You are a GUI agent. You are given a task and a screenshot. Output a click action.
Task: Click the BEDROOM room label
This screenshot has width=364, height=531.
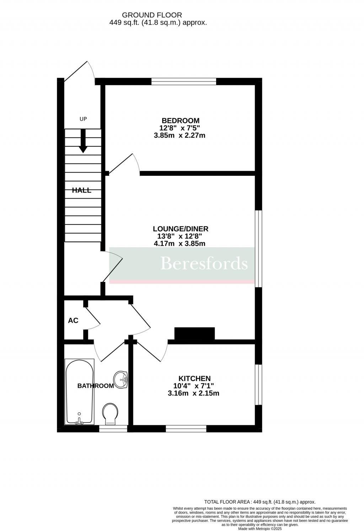coord(181,120)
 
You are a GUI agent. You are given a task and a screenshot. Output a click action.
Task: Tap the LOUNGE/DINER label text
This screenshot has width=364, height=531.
coord(181,229)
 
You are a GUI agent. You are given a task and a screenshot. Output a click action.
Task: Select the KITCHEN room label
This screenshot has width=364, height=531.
coord(194,378)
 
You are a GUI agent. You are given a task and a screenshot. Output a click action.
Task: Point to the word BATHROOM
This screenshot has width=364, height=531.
coord(96,386)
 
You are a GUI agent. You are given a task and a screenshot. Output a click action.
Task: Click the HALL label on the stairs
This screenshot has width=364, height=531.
coord(82,190)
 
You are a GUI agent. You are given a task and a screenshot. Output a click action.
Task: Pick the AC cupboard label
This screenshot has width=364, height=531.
coord(73,321)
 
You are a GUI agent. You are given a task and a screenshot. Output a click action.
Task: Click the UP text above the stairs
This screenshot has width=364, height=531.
coord(83,119)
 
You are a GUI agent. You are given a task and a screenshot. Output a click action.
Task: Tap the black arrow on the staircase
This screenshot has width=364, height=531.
coord(83,141)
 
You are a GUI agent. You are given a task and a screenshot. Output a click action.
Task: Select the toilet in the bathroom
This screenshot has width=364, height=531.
coord(110,414)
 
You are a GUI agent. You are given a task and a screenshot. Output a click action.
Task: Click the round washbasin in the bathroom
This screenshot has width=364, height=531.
coord(121,379)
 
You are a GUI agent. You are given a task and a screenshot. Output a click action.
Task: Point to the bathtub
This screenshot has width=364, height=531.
coord(80,391)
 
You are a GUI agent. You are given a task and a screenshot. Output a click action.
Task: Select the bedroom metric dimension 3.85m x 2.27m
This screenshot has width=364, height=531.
coord(180,136)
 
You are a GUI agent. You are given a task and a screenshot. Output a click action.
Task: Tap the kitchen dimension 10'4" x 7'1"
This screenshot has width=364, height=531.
coord(194,386)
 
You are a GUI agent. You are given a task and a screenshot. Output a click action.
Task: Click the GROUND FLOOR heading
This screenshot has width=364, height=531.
coord(152,15)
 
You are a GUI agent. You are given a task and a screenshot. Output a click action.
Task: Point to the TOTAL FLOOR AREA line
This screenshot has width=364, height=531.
coord(260,502)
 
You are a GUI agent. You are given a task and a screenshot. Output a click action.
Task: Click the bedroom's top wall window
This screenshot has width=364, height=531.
coord(184,81)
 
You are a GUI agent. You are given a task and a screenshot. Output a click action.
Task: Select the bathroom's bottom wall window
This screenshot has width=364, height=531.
coord(113,429)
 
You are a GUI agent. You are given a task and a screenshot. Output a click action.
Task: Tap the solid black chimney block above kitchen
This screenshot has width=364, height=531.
coord(195,333)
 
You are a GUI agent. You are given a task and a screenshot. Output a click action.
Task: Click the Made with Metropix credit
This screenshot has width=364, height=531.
coord(260,529)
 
